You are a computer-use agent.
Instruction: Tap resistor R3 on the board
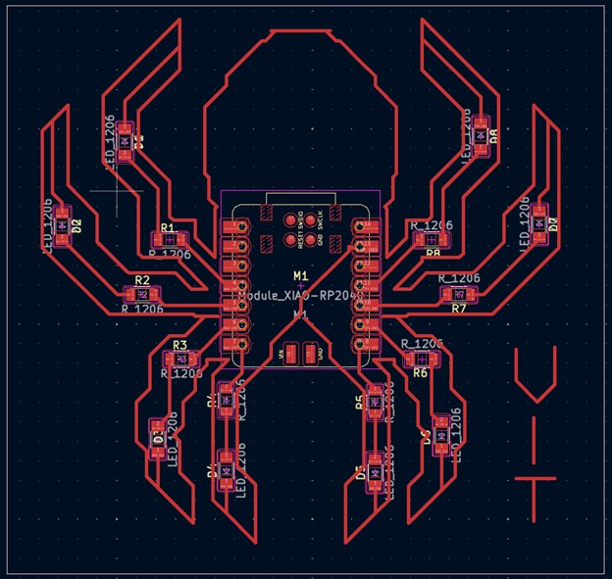click(179, 359)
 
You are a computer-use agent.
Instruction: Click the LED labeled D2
click(63, 224)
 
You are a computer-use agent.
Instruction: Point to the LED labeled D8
click(480, 136)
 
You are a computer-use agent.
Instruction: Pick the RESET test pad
click(290, 220)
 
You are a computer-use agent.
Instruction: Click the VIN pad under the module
click(291, 354)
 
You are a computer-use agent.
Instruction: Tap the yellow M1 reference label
click(300, 274)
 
